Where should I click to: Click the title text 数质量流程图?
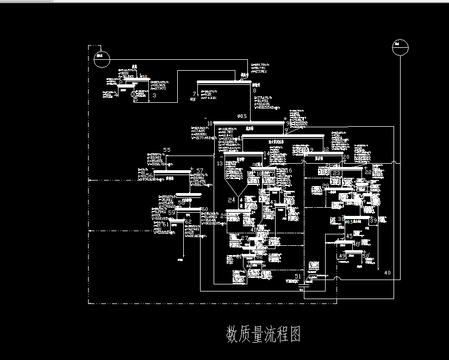pos(263,334)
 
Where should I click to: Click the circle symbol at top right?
pos(400,48)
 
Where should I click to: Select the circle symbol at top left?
pos(101,59)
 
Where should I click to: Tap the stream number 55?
pos(167,150)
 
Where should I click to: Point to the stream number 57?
pos(199,171)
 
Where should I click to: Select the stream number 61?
pos(165,224)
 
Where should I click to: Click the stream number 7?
pos(194,95)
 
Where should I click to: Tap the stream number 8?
pos(254,91)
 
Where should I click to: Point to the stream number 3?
pos(154,96)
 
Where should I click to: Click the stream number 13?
pos(220,163)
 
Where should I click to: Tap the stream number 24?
pos(232,200)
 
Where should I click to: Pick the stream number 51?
pos(297,276)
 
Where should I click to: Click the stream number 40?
pos(387,272)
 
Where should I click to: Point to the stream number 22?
pos(368,172)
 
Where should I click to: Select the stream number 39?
pos(373,221)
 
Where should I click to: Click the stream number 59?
pos(171,213)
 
